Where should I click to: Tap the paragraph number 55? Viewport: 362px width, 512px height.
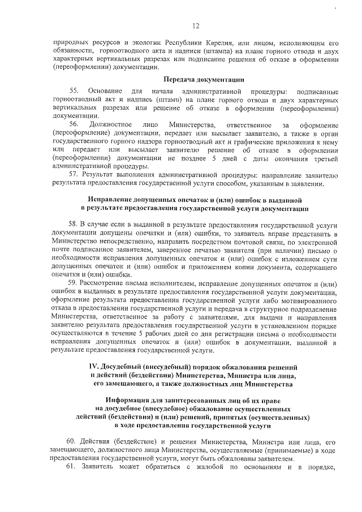74,91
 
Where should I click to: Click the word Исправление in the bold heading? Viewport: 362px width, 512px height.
113,200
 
